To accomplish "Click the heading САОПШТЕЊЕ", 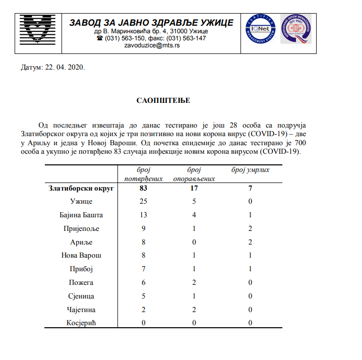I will click(x=163, y=100).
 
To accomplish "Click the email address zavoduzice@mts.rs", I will click(x=152, y=45).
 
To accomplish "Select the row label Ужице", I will click(x=81, y=202).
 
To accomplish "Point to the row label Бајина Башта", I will click(x=81, y=215).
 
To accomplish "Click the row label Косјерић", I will click(x=81, y=323).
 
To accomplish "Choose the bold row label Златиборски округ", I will click(x=81, y=189).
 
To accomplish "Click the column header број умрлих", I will click(x=250, y=170).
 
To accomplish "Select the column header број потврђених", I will click(x=144, y=174).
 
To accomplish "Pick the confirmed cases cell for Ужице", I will click(x=144, y=202).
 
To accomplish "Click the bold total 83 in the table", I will click(x=144, y=189).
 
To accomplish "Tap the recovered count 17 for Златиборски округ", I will click(x=194, y=189).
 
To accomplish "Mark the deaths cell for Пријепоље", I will click(x=250, y=229).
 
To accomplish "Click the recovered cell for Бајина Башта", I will click(x=194, y=215).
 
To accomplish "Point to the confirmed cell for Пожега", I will click(x=144, y=283).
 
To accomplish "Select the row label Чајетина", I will click(x=81, y=310).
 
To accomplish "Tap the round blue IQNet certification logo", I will click(x=261, y=29).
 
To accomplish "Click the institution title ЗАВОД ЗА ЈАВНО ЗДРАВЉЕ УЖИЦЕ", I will click(x=151, y=23).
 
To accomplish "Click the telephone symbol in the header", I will click(x=99, y=38).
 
